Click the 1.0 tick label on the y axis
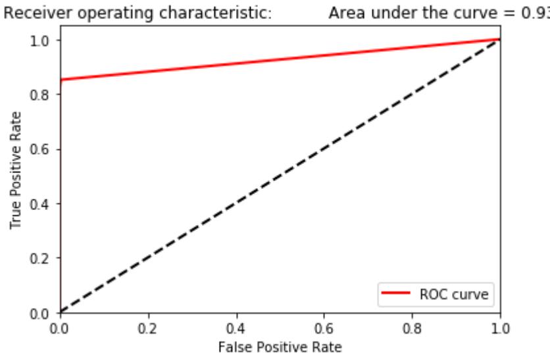44,40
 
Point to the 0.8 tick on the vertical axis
44,95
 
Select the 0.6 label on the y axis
44,149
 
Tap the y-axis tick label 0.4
44,203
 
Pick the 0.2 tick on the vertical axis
44,258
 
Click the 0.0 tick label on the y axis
44,313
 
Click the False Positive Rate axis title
280,344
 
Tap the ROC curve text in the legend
453,294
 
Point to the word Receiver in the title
30,13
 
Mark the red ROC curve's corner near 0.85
61,80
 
